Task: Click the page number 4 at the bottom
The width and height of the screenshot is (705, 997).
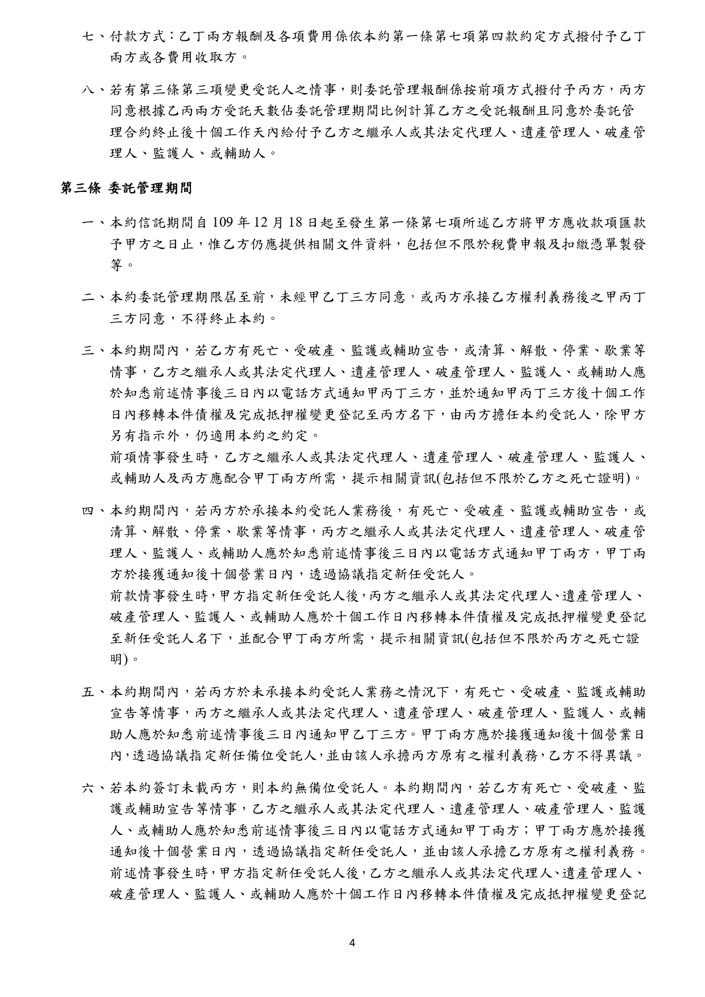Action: click(x=352, y=944)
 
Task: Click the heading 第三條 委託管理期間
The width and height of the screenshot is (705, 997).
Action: click(x=126, y=189)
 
